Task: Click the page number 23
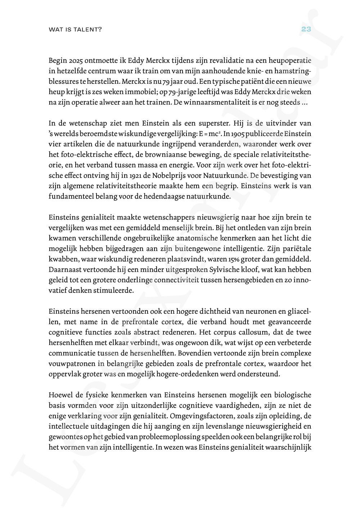306,30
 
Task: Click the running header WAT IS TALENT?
75,30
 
